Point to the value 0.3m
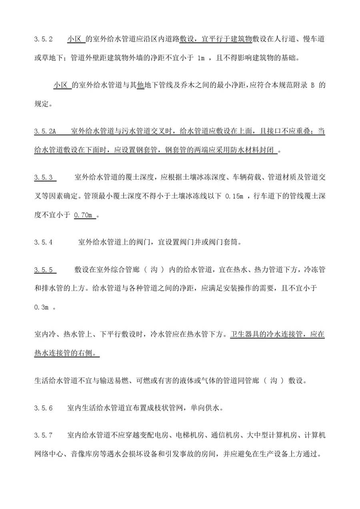[x=41, y=308]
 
